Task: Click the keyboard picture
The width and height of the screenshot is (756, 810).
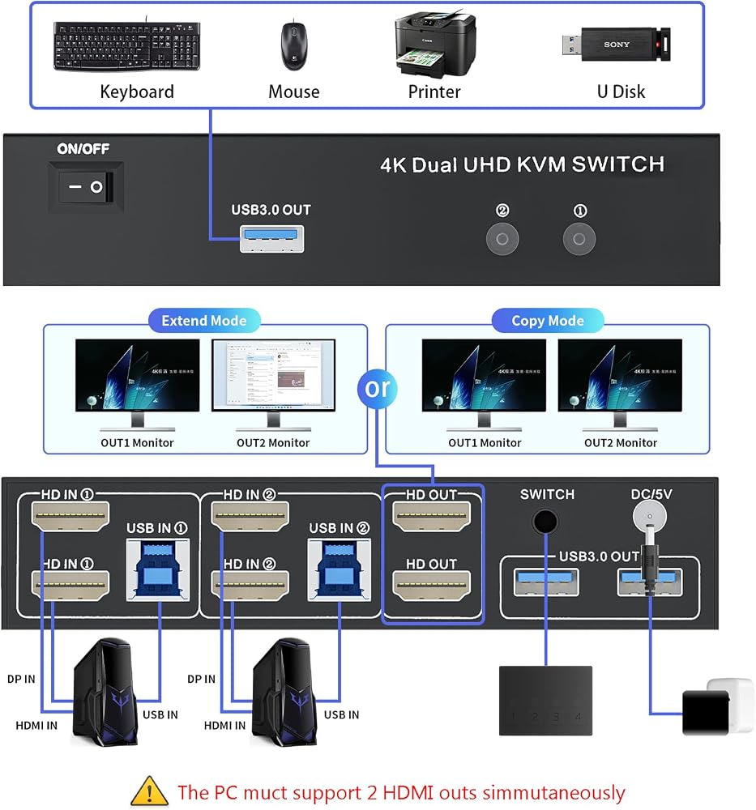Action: pos(126,45)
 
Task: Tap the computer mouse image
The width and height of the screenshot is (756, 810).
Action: pos(294,45)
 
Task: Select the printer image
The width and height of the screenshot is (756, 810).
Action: pos(435,45)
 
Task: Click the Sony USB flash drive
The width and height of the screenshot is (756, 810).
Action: pos(617,45)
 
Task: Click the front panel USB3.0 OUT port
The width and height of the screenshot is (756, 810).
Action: pos(271,239)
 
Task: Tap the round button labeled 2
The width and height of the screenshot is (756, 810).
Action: pos(502,239)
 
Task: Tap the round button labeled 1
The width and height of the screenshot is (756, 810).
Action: pos(579,239)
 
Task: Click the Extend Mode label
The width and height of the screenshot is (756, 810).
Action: pos(204,321)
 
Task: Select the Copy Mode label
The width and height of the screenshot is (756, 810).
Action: pos(548,321)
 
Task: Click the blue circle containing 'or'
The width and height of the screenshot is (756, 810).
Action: pos(378,388)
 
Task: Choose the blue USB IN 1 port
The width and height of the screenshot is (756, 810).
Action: pos(158,569)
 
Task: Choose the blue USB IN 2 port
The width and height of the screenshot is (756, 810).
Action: pos(339,569)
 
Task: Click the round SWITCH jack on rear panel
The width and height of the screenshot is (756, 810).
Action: pos(545,521)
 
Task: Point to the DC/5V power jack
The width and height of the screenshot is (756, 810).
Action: pos(650,516)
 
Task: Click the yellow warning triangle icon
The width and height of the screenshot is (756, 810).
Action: pos(149,791)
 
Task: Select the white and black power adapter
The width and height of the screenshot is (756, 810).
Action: pos(718,706)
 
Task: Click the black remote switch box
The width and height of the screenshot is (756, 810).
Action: pos(545,701)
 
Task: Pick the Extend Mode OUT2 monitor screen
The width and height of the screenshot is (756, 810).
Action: pos(273,374)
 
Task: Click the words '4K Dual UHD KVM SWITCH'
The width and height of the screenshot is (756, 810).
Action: pos(522,164)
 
